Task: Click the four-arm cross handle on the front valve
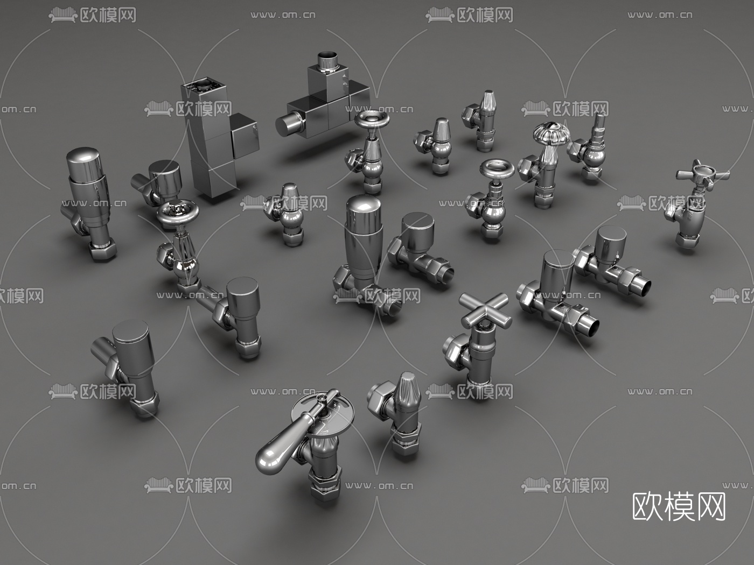coord(484,311)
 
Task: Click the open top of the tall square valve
coord(205,86)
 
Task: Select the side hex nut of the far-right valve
coord(673,211)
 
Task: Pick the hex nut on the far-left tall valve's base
coord(102,251)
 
